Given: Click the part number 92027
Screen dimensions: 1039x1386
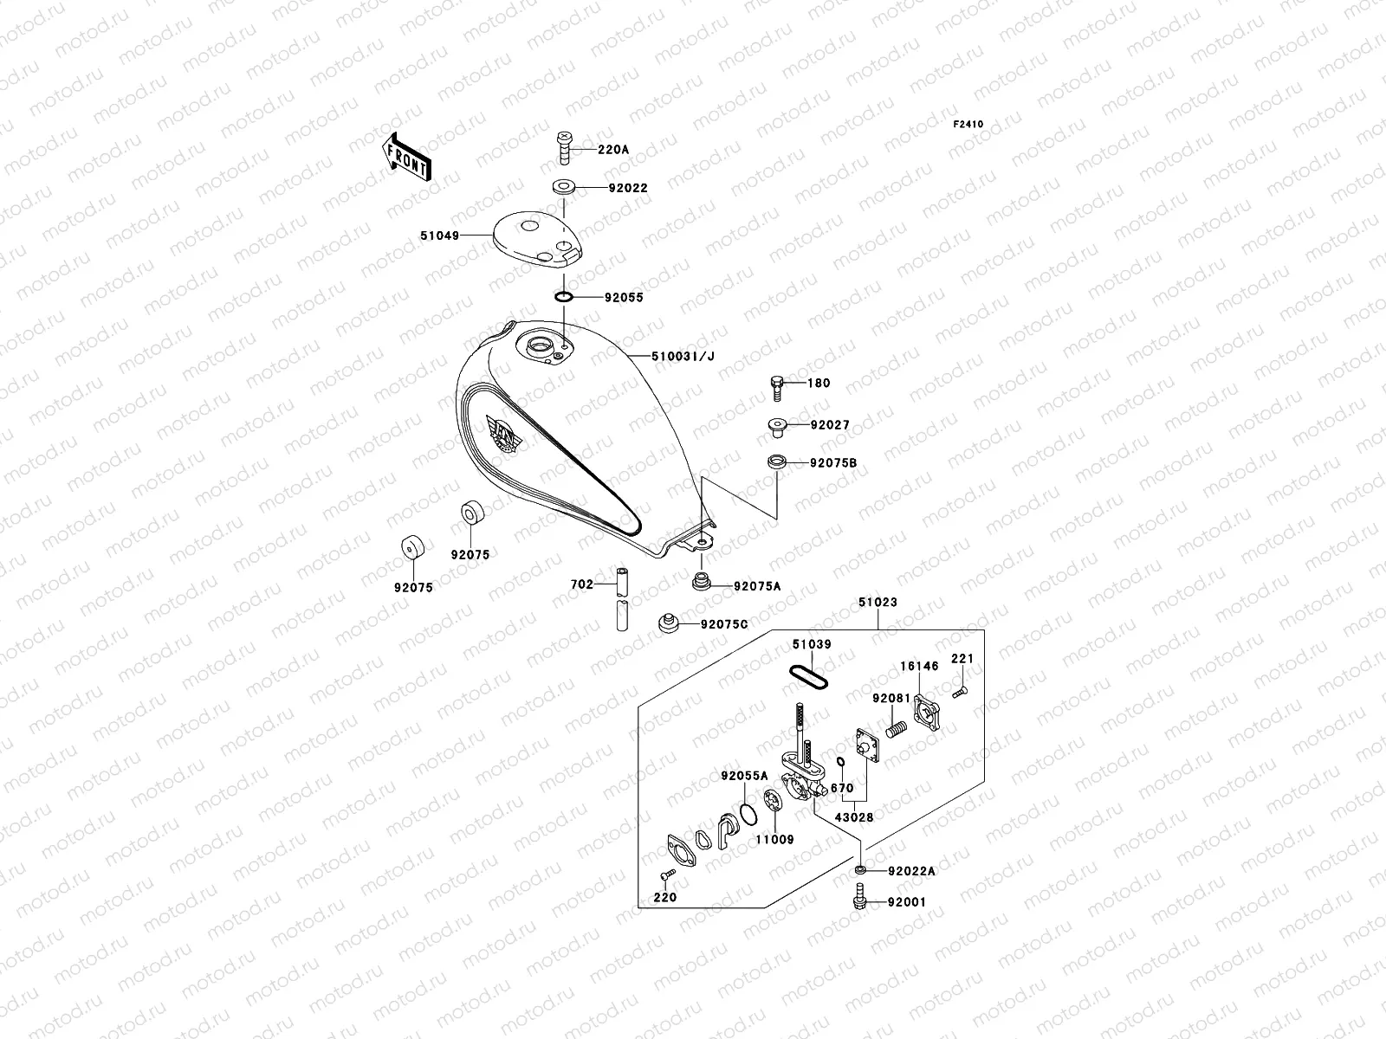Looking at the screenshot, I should tap(830, 425).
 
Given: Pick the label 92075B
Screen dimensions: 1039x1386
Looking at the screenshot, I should tap(833, 463).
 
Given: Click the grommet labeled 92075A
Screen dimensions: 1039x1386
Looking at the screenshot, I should tap(701, 582).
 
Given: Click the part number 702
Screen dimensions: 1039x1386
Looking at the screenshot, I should tap(581, 584).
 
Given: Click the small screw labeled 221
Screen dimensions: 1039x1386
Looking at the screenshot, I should tap(960, 692).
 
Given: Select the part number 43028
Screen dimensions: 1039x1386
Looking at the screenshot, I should tap(853, 816).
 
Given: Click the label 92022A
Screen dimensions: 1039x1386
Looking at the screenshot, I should tap(911, 871).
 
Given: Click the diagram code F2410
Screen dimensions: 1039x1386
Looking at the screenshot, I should tap(968, 125).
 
